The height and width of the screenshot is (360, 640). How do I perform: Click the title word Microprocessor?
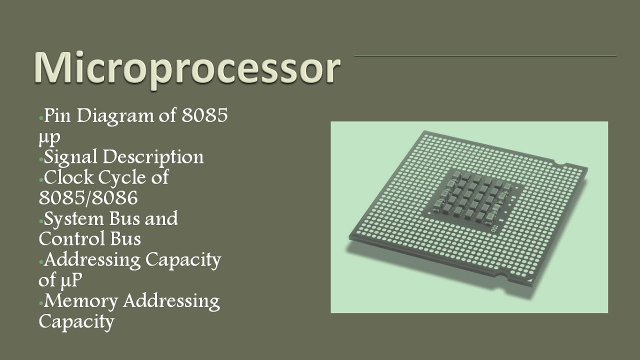[187, 68]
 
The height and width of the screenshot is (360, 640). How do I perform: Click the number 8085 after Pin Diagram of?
[204, 116]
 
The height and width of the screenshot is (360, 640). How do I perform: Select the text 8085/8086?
[88, 198]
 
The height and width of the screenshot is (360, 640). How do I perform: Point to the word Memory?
[80, 301]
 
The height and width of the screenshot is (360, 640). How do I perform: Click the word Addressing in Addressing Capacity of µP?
[92, 260]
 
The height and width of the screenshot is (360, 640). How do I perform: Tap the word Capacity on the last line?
[76, 321]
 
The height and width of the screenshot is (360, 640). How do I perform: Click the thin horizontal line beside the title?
[485, 56]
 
